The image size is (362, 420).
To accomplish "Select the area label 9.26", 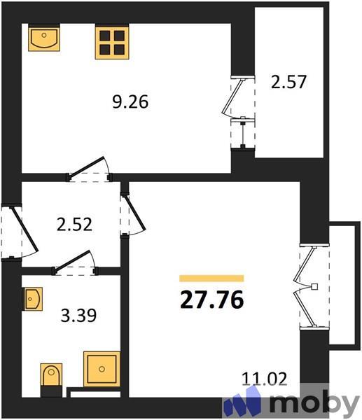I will (130, 102).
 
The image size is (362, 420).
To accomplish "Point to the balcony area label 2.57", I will (288, 83).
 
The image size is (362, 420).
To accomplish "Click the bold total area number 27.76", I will (211, 300).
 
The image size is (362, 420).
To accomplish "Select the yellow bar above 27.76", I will (211, 278).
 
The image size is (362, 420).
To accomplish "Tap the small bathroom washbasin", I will (34, 299).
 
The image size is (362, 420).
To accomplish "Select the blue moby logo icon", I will (242, 404).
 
